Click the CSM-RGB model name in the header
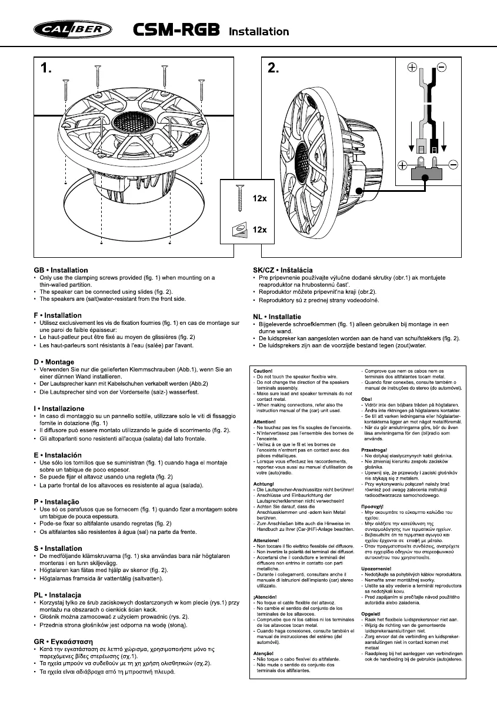175,29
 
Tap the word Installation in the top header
258,31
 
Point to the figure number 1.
46,69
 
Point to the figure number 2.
273,69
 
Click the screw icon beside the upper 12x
238,197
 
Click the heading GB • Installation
61,270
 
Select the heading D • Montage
54,362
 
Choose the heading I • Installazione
59,408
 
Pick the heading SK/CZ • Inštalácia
278,270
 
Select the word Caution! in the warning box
262,371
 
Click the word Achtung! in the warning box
262,483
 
